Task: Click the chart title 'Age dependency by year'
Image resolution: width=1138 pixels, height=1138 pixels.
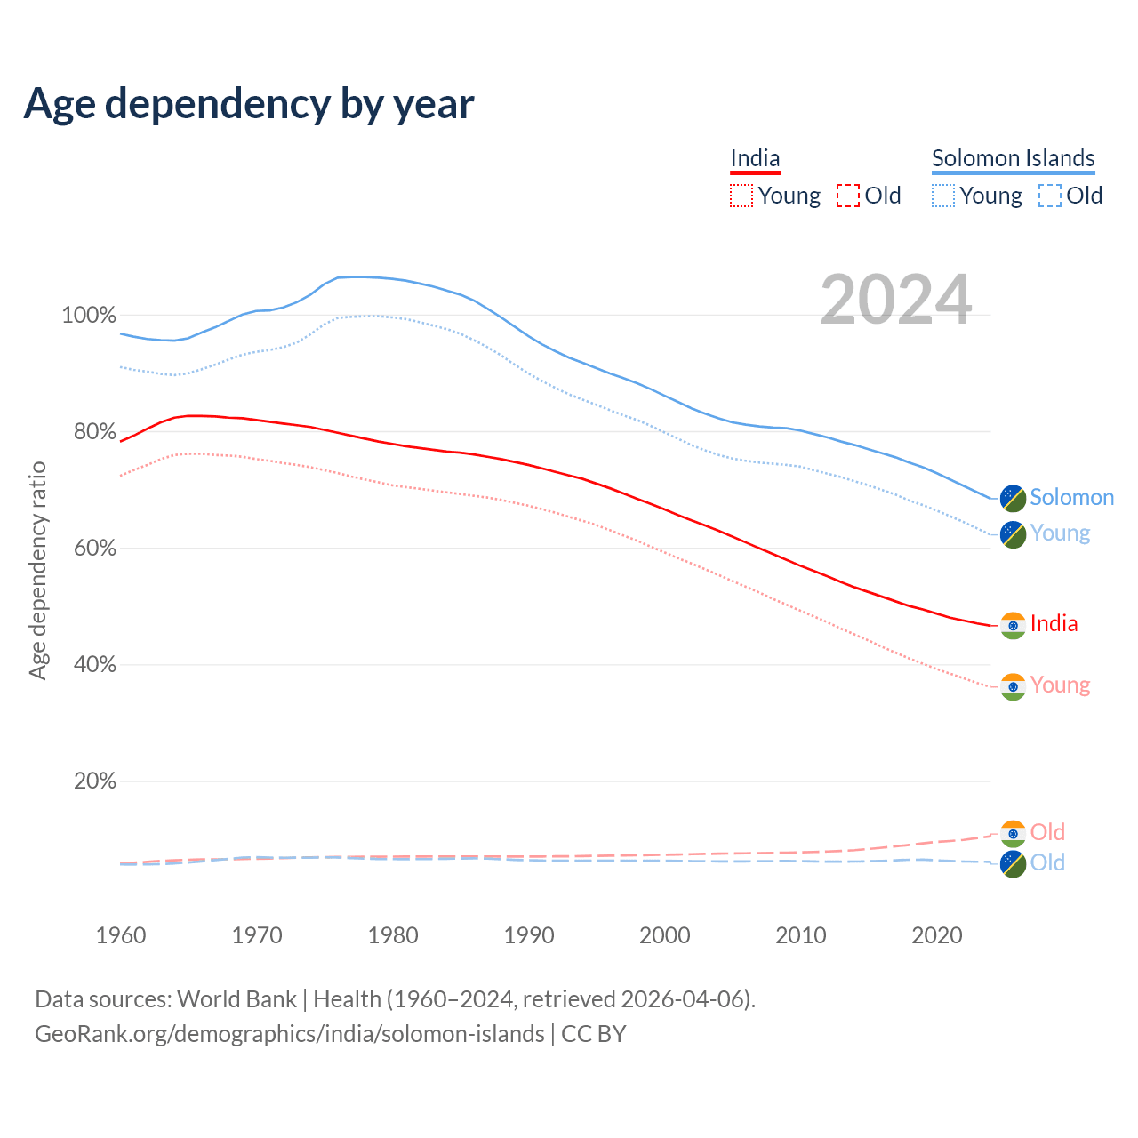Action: coord(249,104)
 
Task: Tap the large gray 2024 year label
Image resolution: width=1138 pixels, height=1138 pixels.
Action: coord(895,300)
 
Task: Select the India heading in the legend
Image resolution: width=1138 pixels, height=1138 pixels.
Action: coord(755,158)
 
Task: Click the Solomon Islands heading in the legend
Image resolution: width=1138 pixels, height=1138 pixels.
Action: coord(1013,158)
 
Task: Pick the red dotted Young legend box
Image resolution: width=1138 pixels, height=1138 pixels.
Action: coord(741,196)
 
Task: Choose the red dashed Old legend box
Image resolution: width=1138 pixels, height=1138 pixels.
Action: coord(848,196)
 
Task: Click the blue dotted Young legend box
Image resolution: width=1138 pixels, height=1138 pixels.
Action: coord(943,196)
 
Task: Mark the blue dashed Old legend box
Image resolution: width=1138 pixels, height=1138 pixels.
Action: coord(1050,196)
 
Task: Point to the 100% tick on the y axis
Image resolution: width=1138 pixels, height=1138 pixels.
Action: coord(88,316)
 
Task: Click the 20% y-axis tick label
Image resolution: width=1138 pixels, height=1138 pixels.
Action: coord(94,781)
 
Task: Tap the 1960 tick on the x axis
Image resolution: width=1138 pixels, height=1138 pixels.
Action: coord(121,935)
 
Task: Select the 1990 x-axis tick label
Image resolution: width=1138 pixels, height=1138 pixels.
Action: coord(529,935)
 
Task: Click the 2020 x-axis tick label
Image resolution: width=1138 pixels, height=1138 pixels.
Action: coord(937,935)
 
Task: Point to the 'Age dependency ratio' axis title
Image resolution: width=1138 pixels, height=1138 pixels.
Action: coord(37,570)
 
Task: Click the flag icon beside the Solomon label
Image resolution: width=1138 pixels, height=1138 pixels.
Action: coord(1013,498)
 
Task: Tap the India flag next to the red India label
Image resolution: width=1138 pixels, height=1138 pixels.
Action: coord(1013,625)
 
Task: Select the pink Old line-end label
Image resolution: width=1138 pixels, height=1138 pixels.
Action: coord(1047,832)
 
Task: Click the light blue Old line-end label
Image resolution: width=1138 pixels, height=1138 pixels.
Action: coord(1047,862)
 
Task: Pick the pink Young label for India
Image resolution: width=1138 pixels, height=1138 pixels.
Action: coord(1060,685)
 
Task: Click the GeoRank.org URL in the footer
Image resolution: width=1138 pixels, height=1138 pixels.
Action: coord(290,1034)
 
